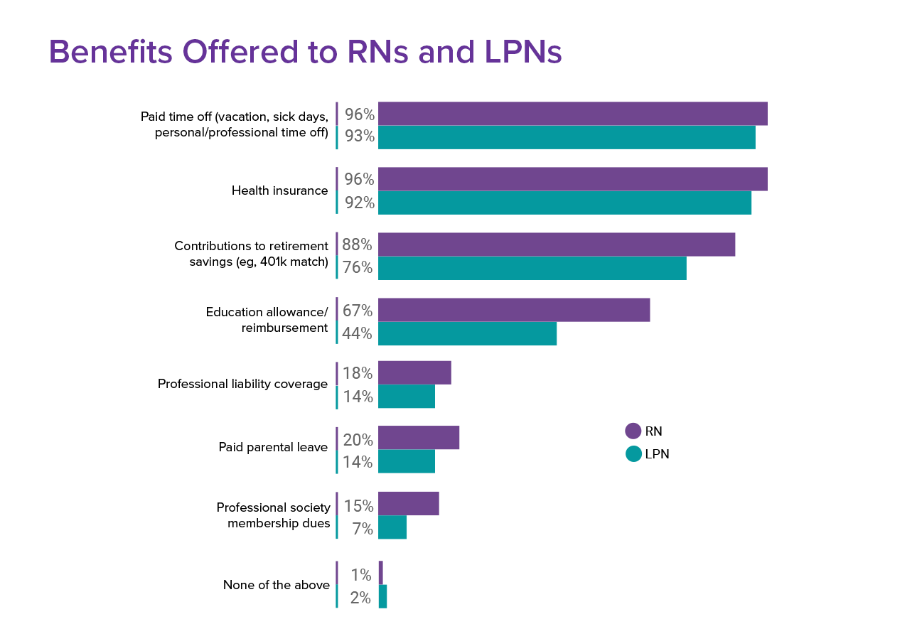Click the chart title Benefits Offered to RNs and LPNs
click(305, 53)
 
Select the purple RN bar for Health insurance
click(572, 179)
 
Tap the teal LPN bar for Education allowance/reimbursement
click(467, 333)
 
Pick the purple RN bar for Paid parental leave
click(418, 438)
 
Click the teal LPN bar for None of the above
click(382, 597)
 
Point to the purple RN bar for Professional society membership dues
click(408, 504)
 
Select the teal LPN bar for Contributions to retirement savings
click(532, 268)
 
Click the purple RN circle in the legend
click(633, 431)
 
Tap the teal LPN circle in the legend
click(633, 453)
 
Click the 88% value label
click(357, 244)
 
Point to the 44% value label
click(357, 333)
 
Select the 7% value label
click(362, 529)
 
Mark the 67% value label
click(357, 311)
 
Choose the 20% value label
click(358, 440)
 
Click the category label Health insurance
click(279, 190)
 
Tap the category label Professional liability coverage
click(242, 384)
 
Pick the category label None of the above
click(276, 585)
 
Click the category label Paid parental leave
click(272, 448)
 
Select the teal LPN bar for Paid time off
click(567, 137)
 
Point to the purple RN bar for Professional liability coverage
click(414, 373)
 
